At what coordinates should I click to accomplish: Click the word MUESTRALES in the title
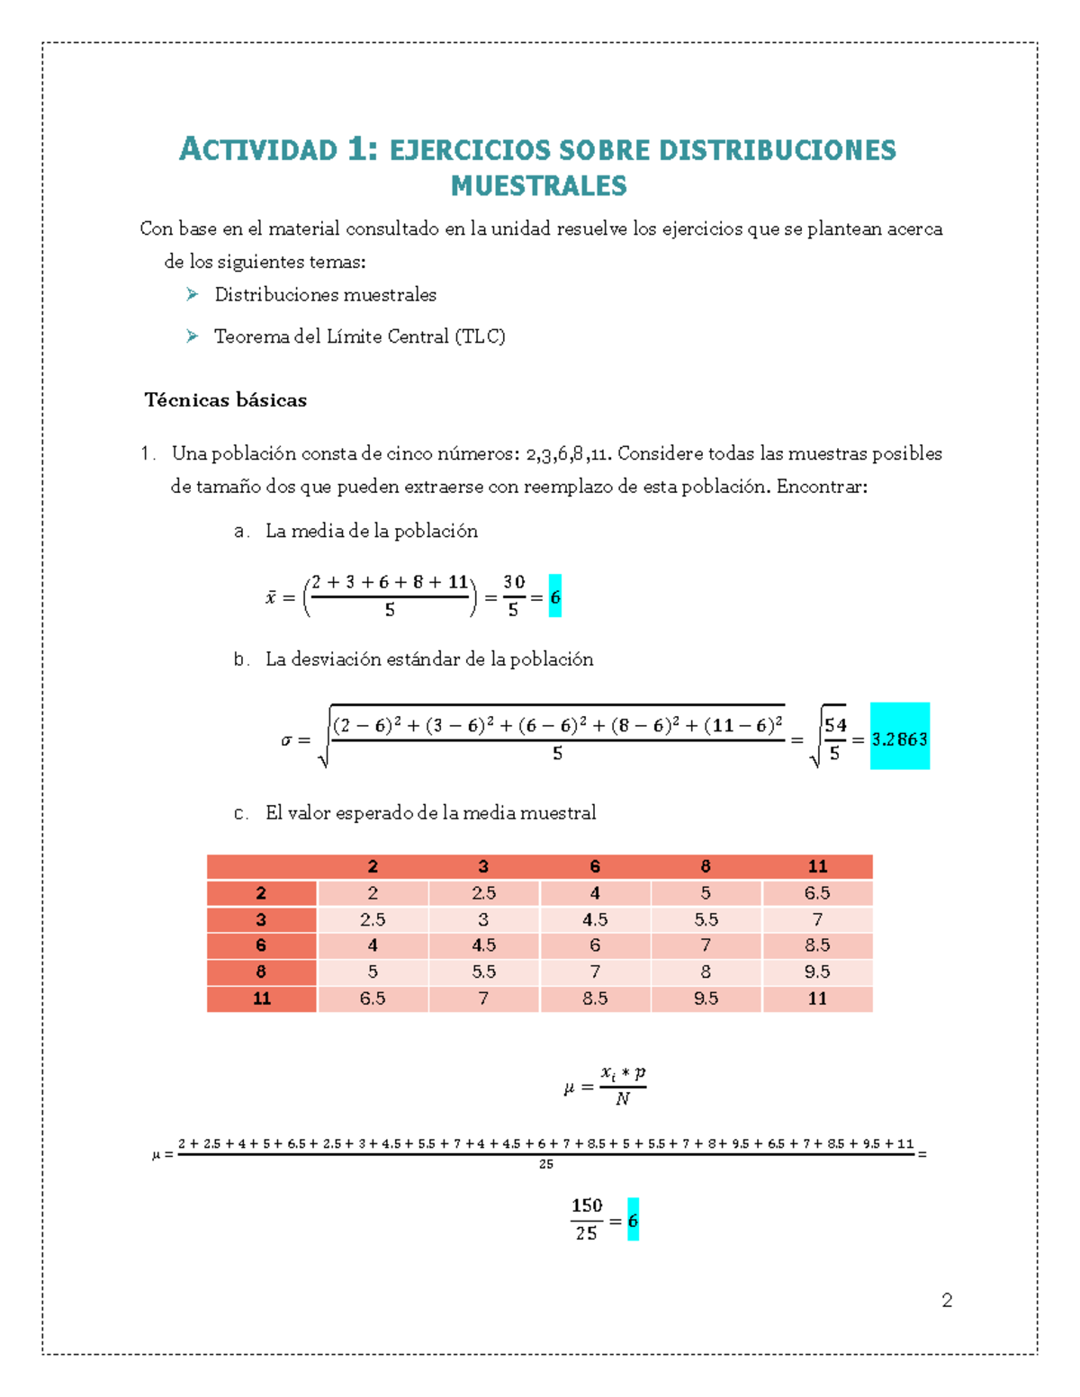[x=538, y=186]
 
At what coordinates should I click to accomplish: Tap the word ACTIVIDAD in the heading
[x=258, y=149]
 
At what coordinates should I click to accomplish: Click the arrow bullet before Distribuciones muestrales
[x=192, y=294]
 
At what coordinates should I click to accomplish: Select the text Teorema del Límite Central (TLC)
[x=359, y=336]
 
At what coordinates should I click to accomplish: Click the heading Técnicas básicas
[x=226, y=400]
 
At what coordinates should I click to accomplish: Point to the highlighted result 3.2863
[x=899, y=739]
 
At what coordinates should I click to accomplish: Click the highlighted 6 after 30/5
[x=555, y=596]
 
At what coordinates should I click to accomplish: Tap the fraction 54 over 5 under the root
[x=835, y=739]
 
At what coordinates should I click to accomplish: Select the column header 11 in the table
[x=816, y=866]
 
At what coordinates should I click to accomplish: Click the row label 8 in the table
[x=261, y=972]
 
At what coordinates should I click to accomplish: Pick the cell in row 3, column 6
[x=595, y=919]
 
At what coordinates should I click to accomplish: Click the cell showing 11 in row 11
[x=816, y=998]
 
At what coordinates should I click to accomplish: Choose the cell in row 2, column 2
[x=373, y=893]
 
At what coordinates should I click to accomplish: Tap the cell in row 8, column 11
[x=816, y=972]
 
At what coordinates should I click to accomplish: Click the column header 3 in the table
[x=483, y=866]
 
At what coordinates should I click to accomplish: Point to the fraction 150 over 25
[x=587, y=1219]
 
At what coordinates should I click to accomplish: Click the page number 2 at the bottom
[x=947, y=1300]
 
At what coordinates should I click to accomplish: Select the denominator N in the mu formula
[x=622, y=1099]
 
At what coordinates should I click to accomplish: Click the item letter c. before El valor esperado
[x=240, y=813]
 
